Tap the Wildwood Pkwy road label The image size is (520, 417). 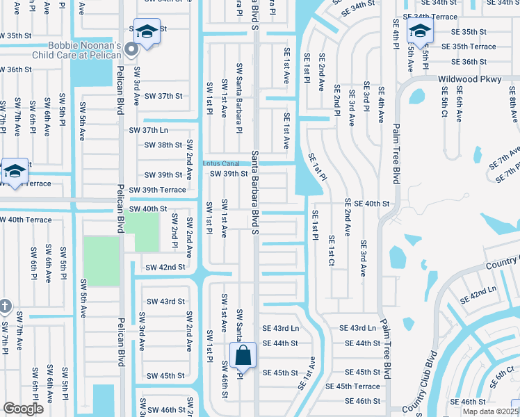[469, 79]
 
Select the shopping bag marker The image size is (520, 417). [243, 356]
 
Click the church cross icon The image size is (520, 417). [5, 306]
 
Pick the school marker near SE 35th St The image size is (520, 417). [420, 31]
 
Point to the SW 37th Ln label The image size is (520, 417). [149, 130]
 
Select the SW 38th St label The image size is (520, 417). [163, 145]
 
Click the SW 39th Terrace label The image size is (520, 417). [155, 190]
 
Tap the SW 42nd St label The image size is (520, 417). [165, 267]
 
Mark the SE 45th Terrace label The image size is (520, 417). [352, 386]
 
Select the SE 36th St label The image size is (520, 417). [464, 61]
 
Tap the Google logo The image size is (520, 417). [23, 408]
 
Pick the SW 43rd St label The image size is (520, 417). [165, 301]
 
